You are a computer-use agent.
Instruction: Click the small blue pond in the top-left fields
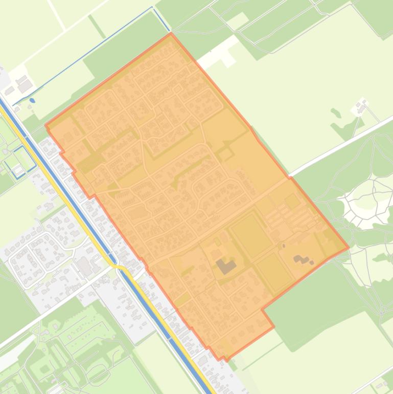[x=32, y=100]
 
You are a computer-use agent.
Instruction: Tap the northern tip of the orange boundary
[x=171, y=34]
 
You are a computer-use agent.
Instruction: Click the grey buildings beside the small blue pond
[x=22, y=83]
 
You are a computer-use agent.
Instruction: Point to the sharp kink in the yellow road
[x=121, y=267]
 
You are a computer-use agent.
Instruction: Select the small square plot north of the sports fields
[x=292, y=201]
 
